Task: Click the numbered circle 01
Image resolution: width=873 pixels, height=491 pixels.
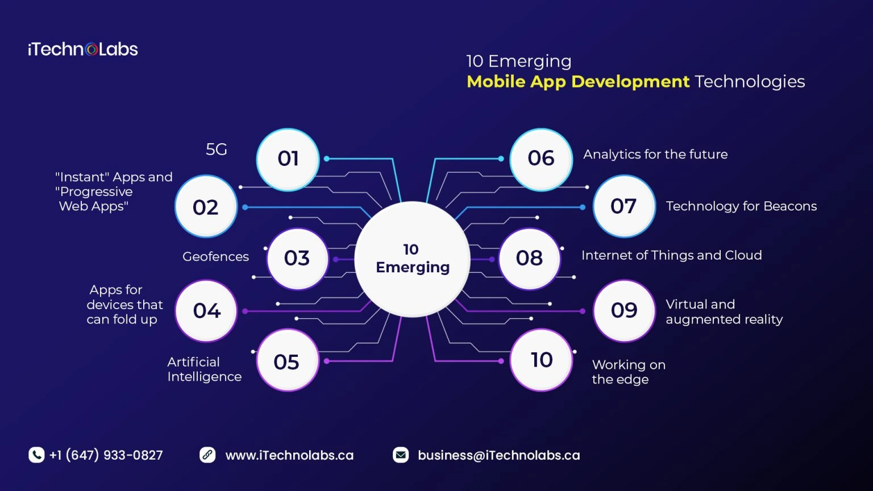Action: click(288, 159)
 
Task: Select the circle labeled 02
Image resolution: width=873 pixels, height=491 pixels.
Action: click(206, 207)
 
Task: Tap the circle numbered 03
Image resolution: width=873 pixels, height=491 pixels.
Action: click(297, 259)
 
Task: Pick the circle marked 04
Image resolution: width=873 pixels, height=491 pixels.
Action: click(206, 311)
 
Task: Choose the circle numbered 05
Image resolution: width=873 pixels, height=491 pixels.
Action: click(287, 361)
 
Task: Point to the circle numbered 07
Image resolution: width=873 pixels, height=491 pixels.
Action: click(623, 206)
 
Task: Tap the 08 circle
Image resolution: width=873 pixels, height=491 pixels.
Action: click(529, 259)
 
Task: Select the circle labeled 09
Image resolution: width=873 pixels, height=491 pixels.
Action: click(623, 310)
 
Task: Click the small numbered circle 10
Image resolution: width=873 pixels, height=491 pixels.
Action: click(541, 360)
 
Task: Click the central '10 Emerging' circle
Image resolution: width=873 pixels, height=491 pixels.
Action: click(412, 259)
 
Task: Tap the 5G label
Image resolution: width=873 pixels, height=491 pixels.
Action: click(216, 149)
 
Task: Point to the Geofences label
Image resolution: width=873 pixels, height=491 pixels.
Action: click(215, 257)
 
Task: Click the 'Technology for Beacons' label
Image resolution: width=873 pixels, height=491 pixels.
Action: click(741, 206)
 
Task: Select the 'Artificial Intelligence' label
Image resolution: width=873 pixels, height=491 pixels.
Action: click(204, 369)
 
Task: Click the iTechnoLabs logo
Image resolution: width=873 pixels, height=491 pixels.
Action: click(83, 49)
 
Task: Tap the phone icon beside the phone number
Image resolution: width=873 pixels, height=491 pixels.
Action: click(36, 455)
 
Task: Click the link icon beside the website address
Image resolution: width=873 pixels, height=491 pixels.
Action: click(207, 455)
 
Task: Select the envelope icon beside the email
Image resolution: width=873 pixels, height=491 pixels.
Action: click(401, 455)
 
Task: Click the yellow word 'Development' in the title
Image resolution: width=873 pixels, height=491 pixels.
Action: click(630, 82)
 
